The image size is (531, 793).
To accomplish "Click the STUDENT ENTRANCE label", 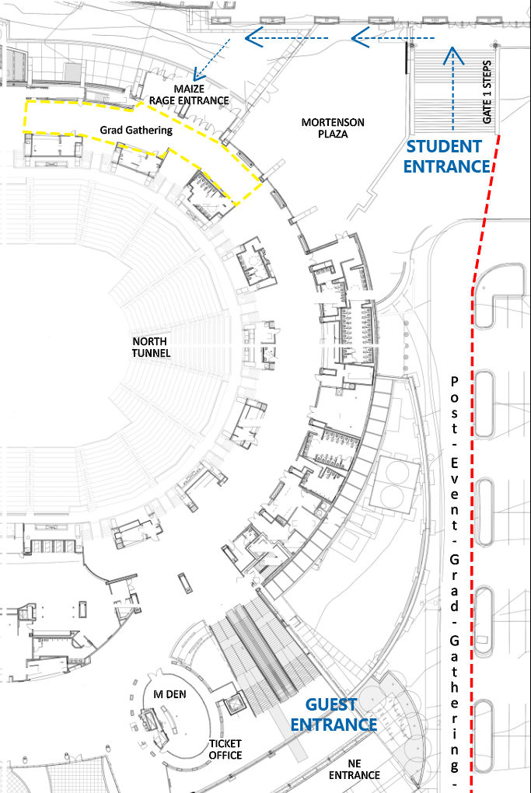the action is coord(447,156).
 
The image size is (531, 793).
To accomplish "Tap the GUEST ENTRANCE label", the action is coord(334,714).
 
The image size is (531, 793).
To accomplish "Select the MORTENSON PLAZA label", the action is coord(333,128).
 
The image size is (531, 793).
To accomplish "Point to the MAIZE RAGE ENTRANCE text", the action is coord(189,95).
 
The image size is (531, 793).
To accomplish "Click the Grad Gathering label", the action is coord(136,131).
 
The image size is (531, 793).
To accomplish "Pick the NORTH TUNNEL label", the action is coord(151,347).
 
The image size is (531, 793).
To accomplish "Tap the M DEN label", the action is coord(169,694).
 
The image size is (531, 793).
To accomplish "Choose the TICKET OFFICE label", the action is coord(225,749).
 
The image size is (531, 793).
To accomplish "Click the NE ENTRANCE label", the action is coord(354,769).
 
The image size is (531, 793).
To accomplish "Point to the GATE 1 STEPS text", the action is coord(487,92).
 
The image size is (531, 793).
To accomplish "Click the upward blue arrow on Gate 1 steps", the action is coord(453,89).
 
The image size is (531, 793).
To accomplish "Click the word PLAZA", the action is coord(333,134).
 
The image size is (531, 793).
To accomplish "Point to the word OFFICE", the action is coord(225,755).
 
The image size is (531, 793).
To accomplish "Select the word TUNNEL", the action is coord(151,353).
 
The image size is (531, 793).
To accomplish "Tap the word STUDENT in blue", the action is coord(444,147).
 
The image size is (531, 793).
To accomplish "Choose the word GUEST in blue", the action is coord(331,704).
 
